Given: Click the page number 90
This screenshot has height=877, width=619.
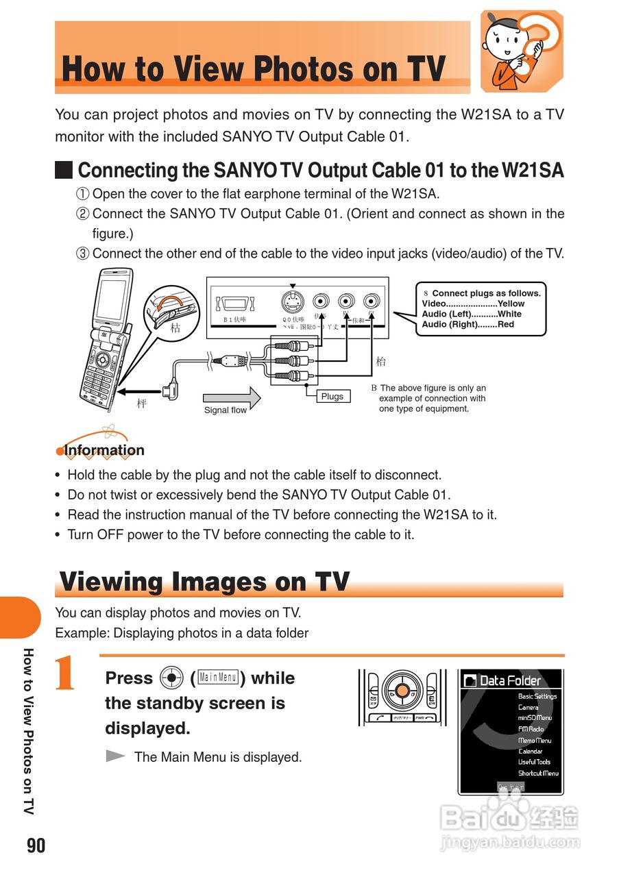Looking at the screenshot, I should (36, 846).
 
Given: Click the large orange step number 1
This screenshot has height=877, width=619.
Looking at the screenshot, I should (66, 675).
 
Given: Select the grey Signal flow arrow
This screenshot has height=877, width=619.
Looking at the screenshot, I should (232, 397).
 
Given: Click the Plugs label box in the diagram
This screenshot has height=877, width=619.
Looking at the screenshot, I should (332, 396).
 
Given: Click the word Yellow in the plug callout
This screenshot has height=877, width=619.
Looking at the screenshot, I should (511, 304).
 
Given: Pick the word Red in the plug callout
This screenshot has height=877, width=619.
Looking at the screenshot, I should (505, 324).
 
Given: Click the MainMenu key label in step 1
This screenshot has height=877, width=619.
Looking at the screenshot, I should (217, 678).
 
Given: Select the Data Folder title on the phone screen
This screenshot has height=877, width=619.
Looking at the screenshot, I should (510, 680).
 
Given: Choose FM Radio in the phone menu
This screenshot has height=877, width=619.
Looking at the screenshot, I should (531, 729).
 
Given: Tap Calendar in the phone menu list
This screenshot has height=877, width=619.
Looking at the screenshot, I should (530, 751).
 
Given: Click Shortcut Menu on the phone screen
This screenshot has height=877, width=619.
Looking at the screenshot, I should (537, 773).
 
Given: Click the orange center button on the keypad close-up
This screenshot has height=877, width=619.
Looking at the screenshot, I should (402, 689).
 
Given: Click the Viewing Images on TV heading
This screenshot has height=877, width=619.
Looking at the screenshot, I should (204, 582).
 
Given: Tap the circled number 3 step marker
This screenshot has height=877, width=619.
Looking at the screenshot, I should (82, 254).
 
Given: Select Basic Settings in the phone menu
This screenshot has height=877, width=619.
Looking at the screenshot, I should (537, 696).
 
